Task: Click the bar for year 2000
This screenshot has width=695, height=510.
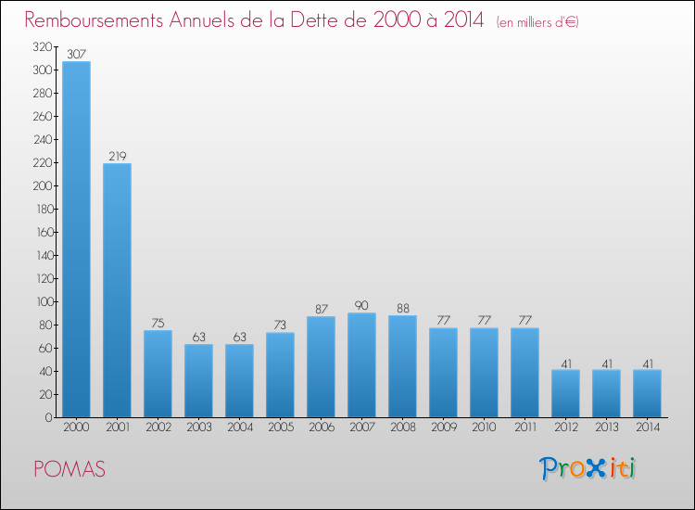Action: pyautogui.click(x=76, y=239)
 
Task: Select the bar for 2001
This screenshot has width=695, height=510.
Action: pyautogui.click(x=117, y=290)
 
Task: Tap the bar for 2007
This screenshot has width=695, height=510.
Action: pyautogui.click(x=361, y=365)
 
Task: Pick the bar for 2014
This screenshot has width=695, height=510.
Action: pyautogui.click(x=647, y=393)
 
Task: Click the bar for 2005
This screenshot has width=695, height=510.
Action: pyautogui.click(x=280, y=375)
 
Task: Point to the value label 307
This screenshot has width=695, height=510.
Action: pyautogui.click(x=76, y=55)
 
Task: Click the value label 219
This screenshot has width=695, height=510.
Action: pyautogui.click(x=117, y=157)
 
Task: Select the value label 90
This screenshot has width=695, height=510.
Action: pyautogui.click(x=361, y=306)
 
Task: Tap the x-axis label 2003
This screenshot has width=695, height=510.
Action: pyautogui.click(x=198, y=429)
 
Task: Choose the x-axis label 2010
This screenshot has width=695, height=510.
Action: pyautogui.click(x=484, y=429)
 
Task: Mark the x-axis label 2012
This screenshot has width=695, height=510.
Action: pyautogui.click(x=565, y=429)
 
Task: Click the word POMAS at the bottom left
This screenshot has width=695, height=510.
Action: pyautogui.click(x=69, y=469)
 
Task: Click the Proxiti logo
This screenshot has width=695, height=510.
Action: pyautogui.click(x=588, y=468)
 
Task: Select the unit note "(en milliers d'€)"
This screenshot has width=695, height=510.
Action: pyautogui.click(x=537, y=22)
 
